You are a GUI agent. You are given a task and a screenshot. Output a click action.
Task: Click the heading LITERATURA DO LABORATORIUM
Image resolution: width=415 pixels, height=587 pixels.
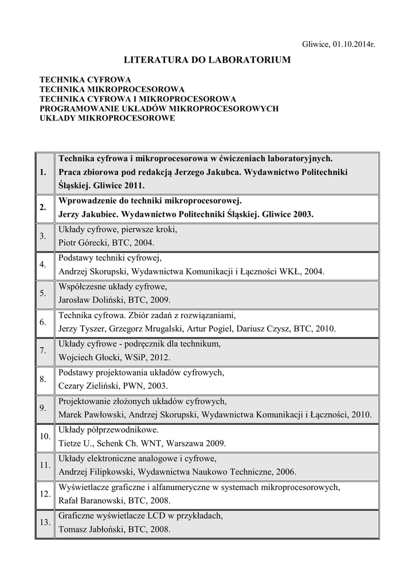(207, 60)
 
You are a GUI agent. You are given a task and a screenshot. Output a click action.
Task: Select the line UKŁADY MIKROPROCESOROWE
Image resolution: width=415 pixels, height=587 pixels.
(107, 118)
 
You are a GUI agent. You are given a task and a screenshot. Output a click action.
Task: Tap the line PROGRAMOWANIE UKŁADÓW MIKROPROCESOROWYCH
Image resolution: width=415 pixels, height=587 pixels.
(158, 108)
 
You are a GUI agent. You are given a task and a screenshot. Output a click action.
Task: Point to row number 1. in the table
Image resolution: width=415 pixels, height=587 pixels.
(44, 172)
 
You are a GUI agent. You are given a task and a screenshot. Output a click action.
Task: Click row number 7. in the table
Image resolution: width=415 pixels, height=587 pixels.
(44, 350)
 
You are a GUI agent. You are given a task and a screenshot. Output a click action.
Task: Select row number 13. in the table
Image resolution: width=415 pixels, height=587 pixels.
(44, 522)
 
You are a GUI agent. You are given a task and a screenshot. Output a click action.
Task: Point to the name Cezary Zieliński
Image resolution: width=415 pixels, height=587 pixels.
(89, 386)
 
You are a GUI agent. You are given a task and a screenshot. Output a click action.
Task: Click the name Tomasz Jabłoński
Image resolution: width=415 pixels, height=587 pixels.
(91, 529)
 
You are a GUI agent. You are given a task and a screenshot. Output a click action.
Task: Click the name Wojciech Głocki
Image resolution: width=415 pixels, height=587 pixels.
(88, 357)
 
